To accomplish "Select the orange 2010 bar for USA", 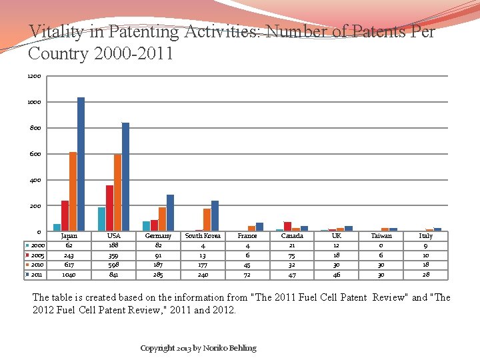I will (x=117, y=193).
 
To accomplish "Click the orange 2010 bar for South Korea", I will (x=207, y=220).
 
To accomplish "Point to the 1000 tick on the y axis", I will (x=35, y=102).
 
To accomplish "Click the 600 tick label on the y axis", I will (x=35, y=154).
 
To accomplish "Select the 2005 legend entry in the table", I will (x=37, y=255).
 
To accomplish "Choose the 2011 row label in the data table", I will (x=37, y=274).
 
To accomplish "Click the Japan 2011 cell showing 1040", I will (x=69, y=274).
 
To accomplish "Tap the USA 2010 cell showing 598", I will (x=114, y=265).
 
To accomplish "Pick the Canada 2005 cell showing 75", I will (x=292, y=255).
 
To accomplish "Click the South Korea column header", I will (x=203, y=236).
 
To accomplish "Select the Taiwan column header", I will (x=381, y=236).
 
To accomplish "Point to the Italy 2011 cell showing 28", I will (x=425, y=274).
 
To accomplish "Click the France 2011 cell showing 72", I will (x=247, y=274).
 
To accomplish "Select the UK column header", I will (x=337, y=236).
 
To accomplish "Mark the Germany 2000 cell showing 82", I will (x=158, y=245).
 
